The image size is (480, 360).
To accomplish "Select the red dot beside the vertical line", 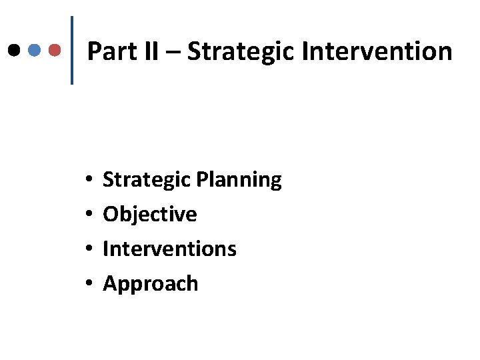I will pos(56,49).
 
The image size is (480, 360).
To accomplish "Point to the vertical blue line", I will pos(71,50).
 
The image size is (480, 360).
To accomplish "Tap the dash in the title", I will pos(172,52).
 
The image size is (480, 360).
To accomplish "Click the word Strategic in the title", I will pos(240,51).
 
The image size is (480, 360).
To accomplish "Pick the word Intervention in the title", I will pos(377,51).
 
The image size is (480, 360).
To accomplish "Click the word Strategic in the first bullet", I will pos(147,179).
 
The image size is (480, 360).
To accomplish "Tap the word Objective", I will pos(150,214).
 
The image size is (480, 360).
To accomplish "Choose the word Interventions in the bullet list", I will pos(169,249).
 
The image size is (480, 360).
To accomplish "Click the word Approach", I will pos(151,284).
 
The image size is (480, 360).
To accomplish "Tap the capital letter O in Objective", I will pos(110,214).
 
